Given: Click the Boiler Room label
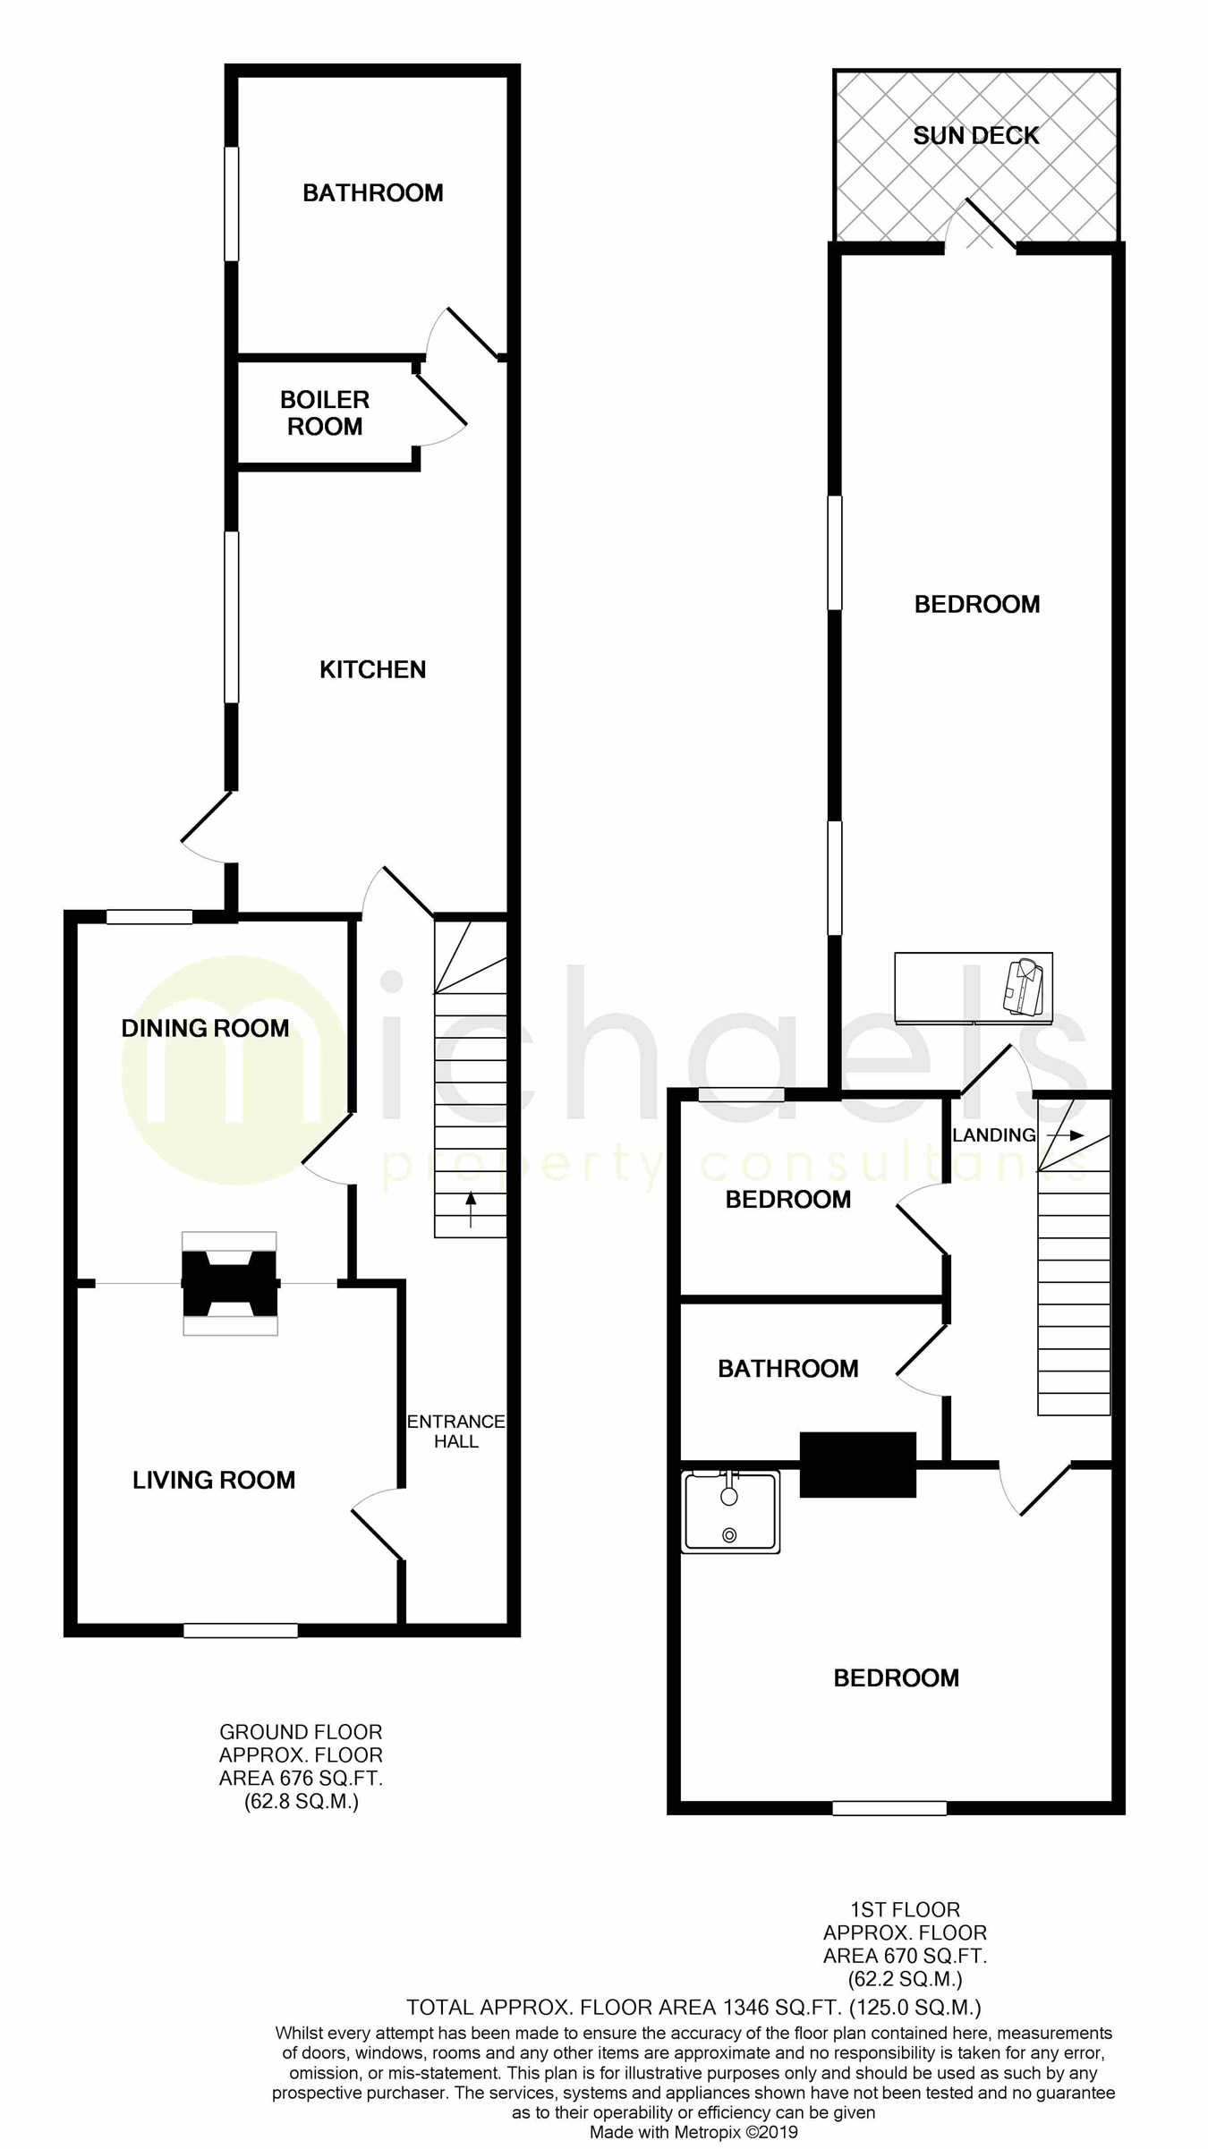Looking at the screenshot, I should click(324, 412).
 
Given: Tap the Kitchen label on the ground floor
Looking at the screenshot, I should click(372, 669).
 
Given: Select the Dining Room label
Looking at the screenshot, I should click(205, 1028).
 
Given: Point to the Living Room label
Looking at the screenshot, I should click(214, 1480).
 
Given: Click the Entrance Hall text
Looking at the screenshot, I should click(455, 1431).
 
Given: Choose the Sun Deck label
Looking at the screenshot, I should click(975, 136).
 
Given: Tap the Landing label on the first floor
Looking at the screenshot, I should click(993, 1135).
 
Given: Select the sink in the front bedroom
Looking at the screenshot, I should click(730, 1510).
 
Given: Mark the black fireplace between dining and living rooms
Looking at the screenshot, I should click(230, 1283).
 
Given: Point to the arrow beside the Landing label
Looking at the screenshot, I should click(1065, 1135).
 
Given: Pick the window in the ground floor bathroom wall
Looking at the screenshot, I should click(232, 204).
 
